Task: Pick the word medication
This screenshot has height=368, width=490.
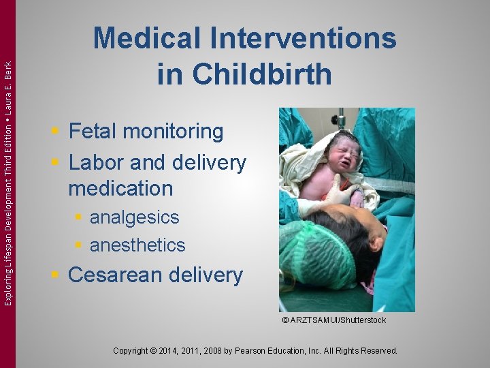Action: coord(120,188)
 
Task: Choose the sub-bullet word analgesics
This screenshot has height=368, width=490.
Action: coord(134,217)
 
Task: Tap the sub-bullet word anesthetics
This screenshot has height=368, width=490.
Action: coord(137,245)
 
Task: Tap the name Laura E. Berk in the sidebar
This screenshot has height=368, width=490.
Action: coord(7,84)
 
